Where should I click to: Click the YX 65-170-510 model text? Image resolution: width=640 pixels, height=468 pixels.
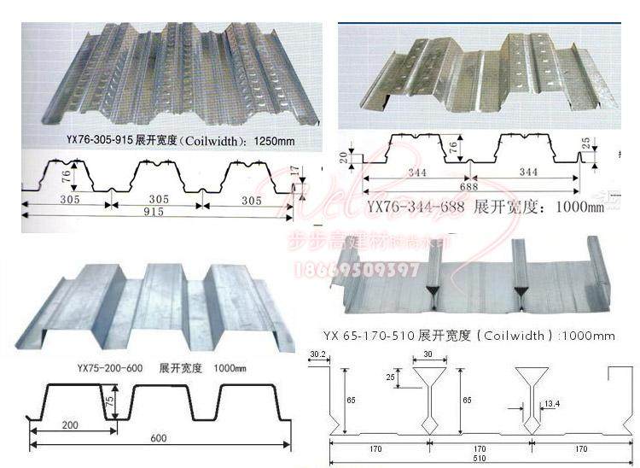coord(368,336)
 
